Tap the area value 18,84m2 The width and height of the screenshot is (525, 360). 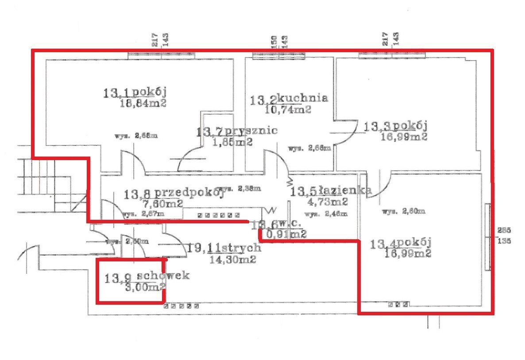click(143, 104)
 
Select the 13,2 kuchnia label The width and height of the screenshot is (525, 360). click(289, 99)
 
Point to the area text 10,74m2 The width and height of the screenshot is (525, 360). click(288, 109)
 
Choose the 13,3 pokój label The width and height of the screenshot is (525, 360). click(395, 127)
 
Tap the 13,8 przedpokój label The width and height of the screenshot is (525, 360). click(173, 193)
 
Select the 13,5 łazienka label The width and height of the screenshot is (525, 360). click(330, 191)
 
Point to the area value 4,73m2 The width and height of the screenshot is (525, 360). click(327, 202)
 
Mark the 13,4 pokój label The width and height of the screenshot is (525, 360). click(401, 243)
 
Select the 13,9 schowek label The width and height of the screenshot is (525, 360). click(147, 277)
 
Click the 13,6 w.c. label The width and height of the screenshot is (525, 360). click(274, 225)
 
